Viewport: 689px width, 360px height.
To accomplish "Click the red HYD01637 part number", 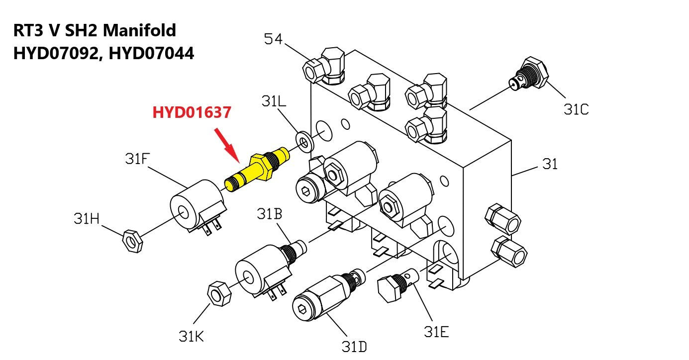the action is [192, 112].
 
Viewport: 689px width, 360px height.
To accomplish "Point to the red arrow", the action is [227, 145].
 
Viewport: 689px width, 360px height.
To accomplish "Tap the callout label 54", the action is [273, 39].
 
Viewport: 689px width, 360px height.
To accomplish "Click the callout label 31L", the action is [274, 101].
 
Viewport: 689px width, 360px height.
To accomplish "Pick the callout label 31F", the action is [137, 159].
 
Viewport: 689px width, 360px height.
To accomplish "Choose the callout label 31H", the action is [87, 219].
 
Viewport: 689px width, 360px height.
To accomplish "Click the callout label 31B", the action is [270, 214].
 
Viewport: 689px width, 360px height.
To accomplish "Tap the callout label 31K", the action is [191, 336].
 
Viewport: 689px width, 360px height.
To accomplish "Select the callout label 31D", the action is [354, 347].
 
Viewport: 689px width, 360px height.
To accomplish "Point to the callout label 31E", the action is [436, 332].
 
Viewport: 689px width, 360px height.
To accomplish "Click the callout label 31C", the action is [576, 109].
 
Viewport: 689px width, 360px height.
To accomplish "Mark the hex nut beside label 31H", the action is [132, 241].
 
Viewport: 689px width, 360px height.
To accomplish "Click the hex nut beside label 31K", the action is [219, 293].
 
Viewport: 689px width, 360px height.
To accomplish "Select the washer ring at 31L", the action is [304, 142].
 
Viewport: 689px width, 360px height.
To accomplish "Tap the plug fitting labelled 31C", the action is [528, 74].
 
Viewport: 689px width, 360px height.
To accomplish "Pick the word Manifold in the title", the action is [139, 30].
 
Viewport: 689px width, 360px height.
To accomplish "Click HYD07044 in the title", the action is [151, 53].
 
